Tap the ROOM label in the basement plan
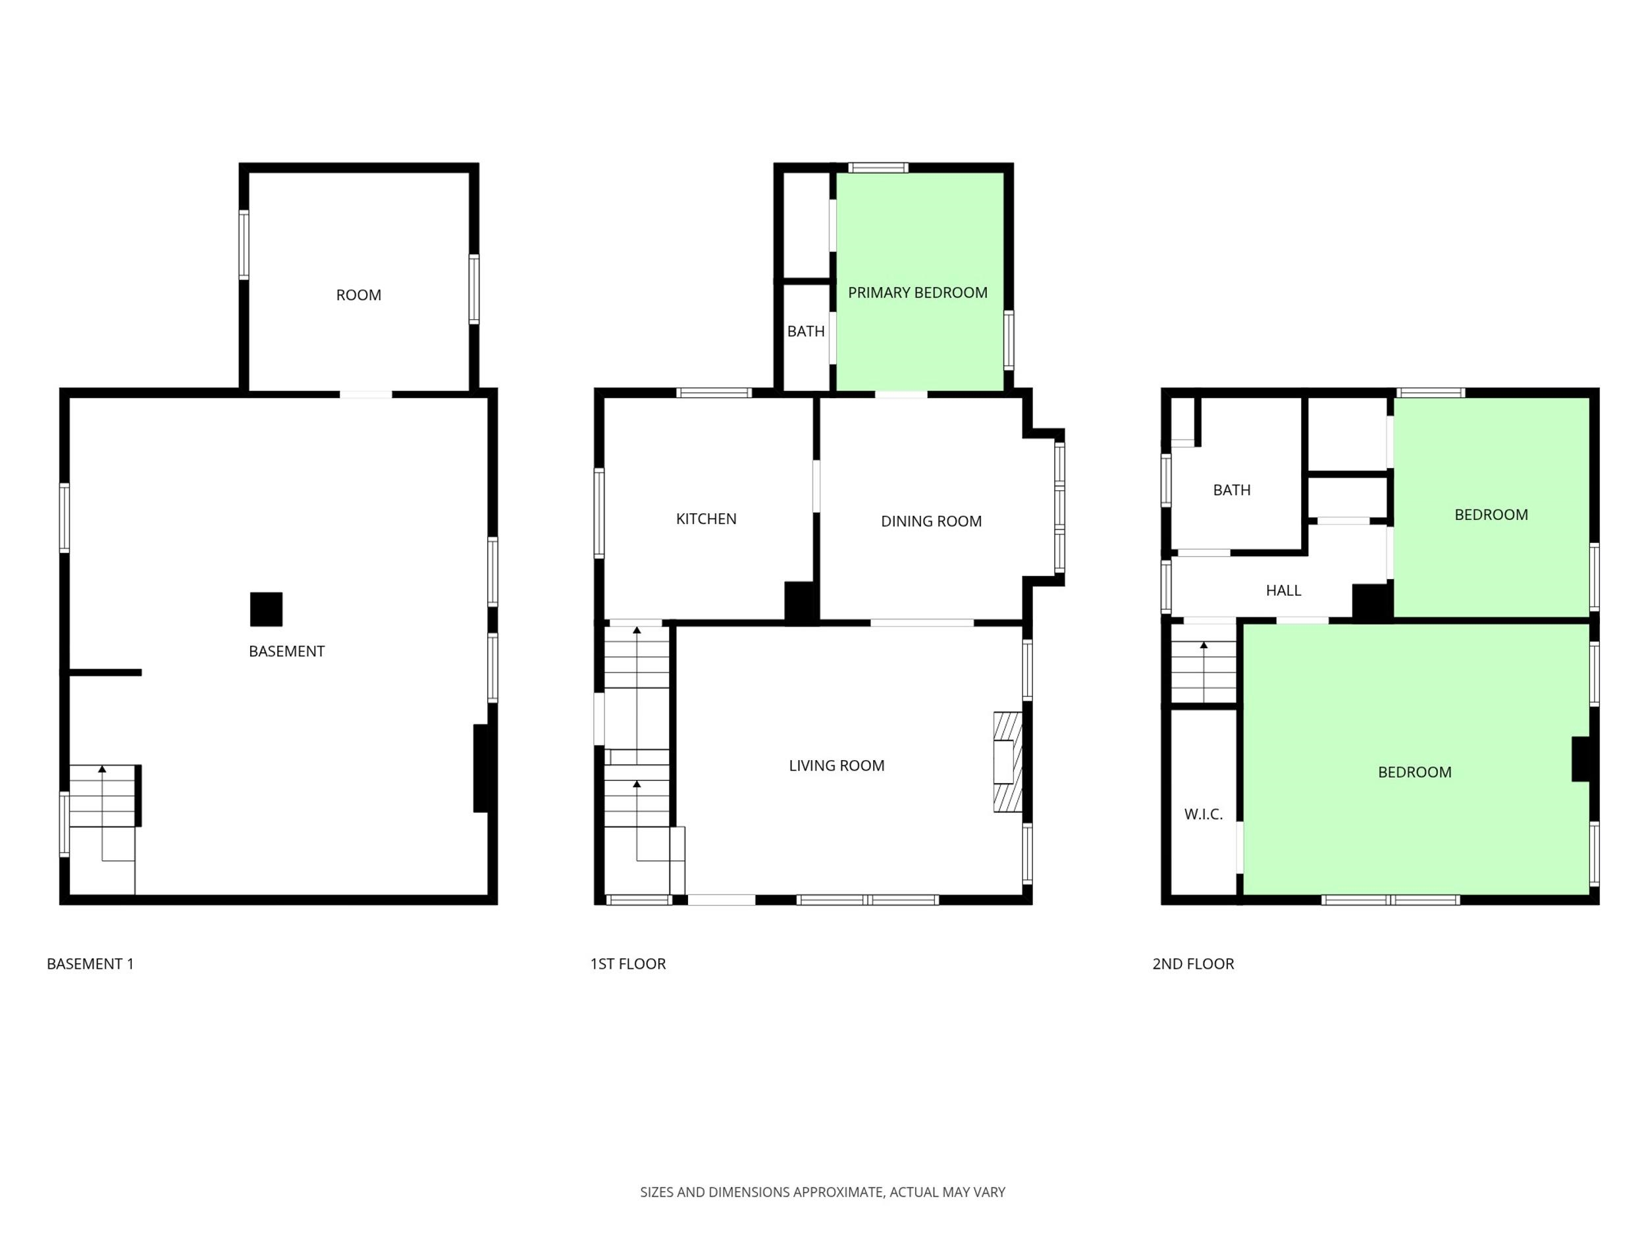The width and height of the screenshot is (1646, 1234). coord(359,296)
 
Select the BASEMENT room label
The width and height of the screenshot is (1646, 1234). coord(286,652)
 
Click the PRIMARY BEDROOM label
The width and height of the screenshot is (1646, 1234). coord(918,293)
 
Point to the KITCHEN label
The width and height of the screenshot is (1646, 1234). coord(706,519)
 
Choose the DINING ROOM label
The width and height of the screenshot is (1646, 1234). coord(931,521)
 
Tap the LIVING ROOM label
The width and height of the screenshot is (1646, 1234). coord(836,765)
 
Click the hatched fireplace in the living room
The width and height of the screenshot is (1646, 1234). coord(1007,761)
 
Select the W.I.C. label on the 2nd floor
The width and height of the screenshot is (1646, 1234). coord(1204,815)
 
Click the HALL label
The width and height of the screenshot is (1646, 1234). coord(1284,590)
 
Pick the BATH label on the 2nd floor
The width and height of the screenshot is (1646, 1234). coord(1231,490)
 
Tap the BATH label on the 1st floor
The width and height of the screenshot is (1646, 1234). coord(806,332)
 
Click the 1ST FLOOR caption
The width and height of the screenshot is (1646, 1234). coord(628,964)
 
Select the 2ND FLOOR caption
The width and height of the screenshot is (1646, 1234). coord(1193,964)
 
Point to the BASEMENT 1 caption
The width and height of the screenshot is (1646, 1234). coord(90,964)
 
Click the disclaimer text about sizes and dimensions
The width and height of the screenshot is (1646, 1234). coord(822,1193)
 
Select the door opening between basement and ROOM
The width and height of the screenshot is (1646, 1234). coord(366,394)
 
